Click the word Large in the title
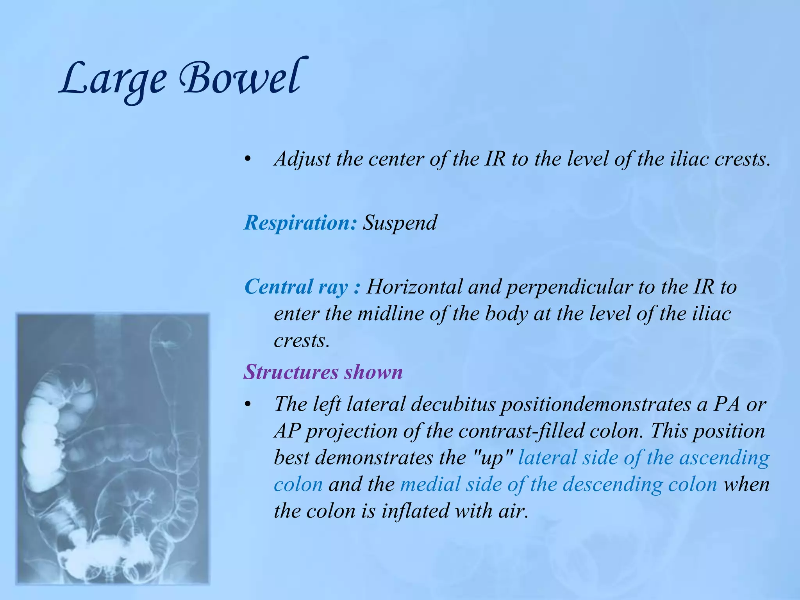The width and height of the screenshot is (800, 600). [113, 80]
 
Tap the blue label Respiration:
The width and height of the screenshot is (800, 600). [300, 223]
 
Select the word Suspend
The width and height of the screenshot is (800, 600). [400, 223]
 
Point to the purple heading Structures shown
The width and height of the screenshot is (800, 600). [323, 371]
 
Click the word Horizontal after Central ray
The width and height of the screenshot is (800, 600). [414, 287]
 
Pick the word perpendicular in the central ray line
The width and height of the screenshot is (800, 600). [569, 287]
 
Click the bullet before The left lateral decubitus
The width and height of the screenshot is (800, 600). [247, 405]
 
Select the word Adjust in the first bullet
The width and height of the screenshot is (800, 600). [302, 159]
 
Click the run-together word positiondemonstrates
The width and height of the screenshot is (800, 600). [596, 404]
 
